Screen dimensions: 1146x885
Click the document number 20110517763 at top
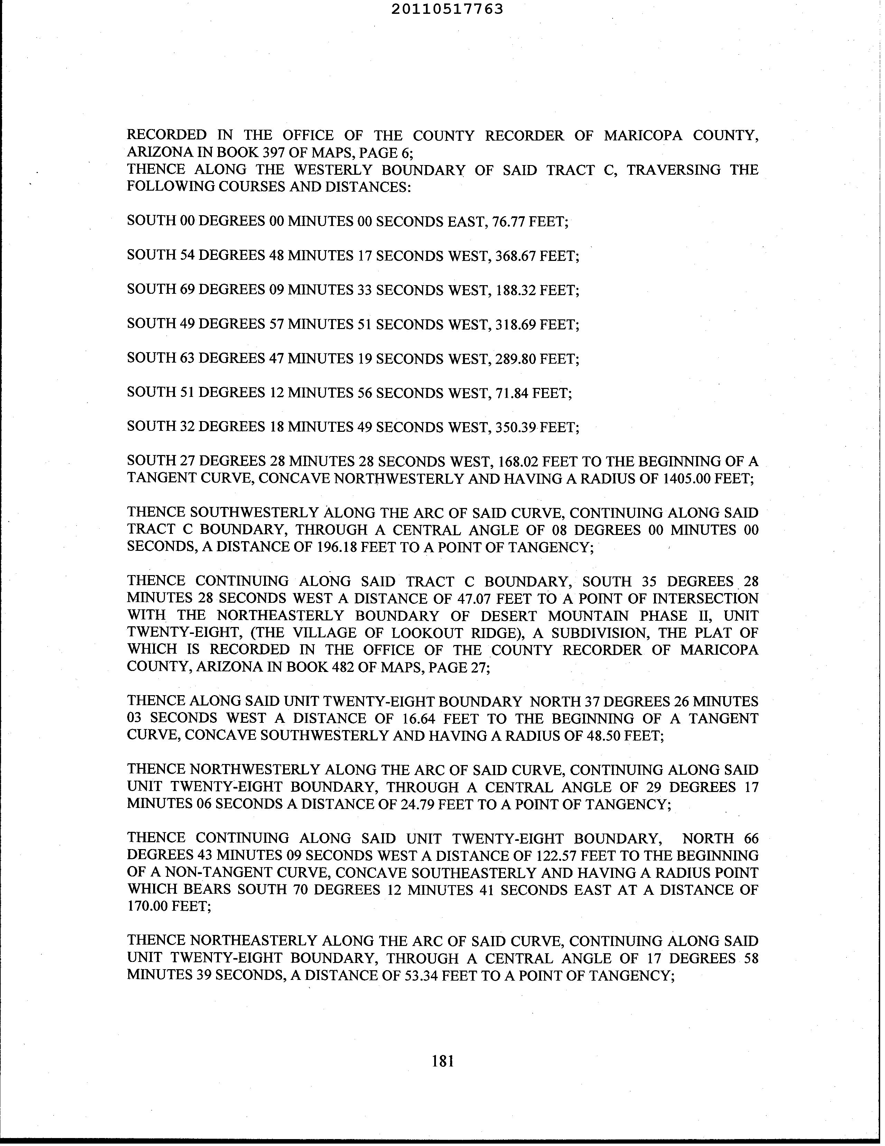447,9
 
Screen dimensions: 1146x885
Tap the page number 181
442,1061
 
